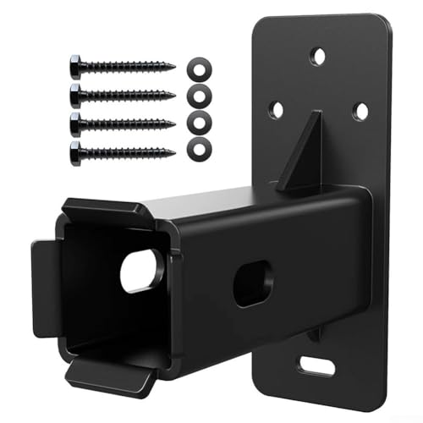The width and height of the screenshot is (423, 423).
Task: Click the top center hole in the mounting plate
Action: tap(318, 58)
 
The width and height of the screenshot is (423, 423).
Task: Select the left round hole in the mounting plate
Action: tap(276, 108)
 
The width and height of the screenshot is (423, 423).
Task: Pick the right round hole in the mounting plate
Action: tap(360, 111)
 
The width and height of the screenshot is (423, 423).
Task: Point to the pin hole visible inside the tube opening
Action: tap(141, 271)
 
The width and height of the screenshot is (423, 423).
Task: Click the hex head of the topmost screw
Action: tap(75, 64)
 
